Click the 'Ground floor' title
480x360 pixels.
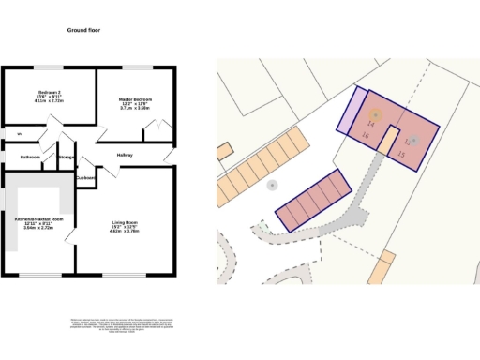(x=83, y=31)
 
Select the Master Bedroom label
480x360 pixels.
(x=134, y=98)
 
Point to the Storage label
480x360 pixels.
(x=67, y=157)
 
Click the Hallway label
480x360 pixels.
(x=125, y=155)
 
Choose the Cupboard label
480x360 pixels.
(x=86, y=177)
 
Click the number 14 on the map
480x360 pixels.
(x=371, y=125)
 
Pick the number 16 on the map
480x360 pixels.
(x=365, y=136)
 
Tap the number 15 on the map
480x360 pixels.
(x=402, y=153)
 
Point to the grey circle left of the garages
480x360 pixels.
(x=272, y=186)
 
